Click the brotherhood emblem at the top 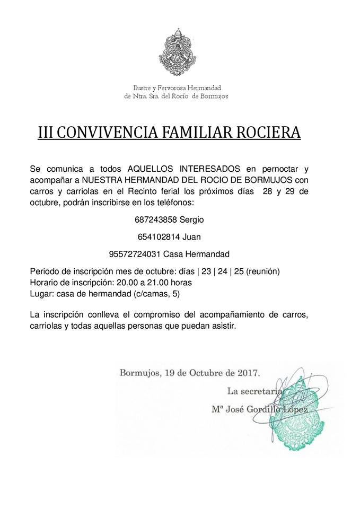tap(180, 53)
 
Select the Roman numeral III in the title tap(46, 132)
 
